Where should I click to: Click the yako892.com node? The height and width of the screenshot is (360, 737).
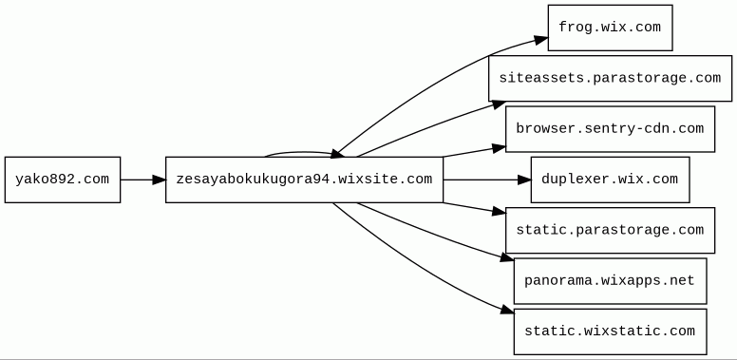63,180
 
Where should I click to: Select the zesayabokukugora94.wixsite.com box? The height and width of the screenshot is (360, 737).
304,180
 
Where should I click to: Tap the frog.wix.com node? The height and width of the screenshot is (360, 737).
610,28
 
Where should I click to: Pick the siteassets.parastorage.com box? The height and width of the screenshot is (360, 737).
610,78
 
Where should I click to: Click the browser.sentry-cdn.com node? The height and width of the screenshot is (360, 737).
610,128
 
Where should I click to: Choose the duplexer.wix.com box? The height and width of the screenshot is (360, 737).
610,180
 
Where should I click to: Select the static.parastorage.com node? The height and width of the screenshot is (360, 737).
610,230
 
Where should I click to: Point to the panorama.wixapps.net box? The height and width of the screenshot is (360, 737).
610,281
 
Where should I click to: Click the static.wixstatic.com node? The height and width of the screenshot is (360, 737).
610,332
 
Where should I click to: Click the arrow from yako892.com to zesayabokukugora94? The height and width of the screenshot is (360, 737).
138,180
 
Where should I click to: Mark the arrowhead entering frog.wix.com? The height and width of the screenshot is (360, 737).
541,41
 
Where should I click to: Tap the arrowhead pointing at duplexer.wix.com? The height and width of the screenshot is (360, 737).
523,180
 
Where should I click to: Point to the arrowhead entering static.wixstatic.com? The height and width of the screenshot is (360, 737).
507,310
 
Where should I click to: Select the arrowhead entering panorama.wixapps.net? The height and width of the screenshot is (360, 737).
507,257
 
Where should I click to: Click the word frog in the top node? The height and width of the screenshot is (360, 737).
575,28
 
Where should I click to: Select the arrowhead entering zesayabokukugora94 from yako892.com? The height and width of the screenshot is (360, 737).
159,180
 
